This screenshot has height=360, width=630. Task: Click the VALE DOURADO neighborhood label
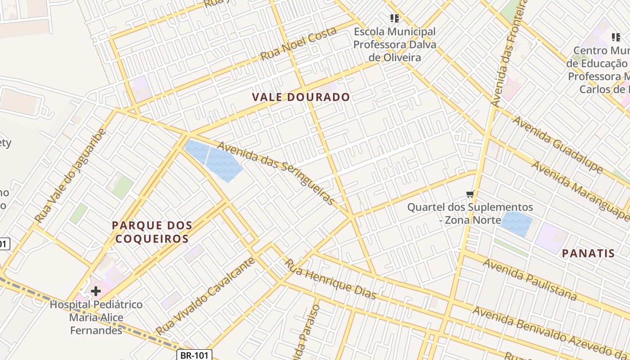[301, 97]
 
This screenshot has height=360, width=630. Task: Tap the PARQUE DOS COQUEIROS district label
[152, 232]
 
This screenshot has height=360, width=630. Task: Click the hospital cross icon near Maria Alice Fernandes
[95, 291]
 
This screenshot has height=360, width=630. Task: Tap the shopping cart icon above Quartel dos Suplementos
[470, 194]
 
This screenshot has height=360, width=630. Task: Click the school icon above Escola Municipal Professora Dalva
[395, 18]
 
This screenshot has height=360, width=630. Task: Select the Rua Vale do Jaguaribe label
[71, 176]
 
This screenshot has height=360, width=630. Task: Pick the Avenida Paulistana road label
[530, 279]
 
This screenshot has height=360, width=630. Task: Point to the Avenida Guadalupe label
[558, 144]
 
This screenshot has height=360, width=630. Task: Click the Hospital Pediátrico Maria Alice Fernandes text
[96, 317]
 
